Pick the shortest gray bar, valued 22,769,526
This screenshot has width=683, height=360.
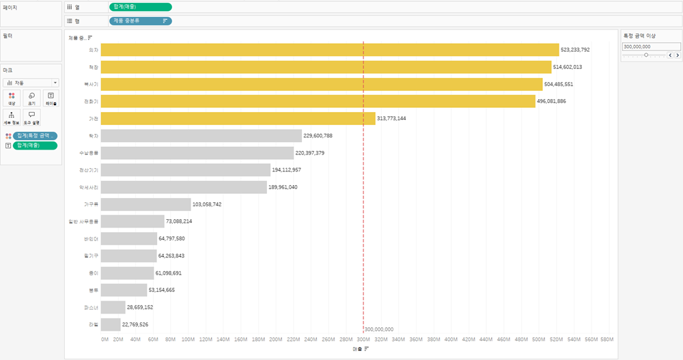tap(111, 324)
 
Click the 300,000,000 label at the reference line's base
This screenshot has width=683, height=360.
tap(379, 329)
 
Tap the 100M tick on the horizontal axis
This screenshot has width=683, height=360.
tap(189, 339)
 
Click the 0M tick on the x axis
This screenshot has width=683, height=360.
tap(104, 339)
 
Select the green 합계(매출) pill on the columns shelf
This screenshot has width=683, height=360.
tap(140, 7)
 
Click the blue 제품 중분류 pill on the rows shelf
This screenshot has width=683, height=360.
tap(140, 20)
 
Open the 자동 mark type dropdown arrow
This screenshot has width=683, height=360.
tap(55, 83)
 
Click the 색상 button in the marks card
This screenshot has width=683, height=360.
tap(12, 98)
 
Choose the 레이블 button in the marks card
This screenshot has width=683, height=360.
tap(51, 98)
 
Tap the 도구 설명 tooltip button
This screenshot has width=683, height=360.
tap(31, 117)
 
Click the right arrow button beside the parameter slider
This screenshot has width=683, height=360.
tap(677, 55)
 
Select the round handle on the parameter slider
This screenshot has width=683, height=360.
tap(646, 55)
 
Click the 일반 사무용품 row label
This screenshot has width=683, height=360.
tap(84, 221)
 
